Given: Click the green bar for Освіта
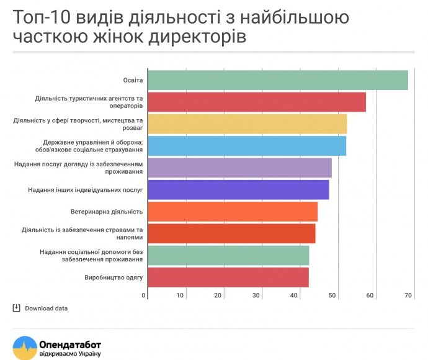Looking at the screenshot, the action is point(278,80).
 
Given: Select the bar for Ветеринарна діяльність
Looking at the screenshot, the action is point(233,212).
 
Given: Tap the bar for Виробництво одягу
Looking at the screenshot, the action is point(228,277).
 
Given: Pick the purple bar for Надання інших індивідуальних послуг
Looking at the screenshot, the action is point(238,190).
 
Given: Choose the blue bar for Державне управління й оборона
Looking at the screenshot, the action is point(247,146).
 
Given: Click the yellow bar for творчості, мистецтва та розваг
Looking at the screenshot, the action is point(247,124).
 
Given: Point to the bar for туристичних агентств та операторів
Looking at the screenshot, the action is point(257,102).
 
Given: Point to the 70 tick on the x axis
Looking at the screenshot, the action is point(408,295).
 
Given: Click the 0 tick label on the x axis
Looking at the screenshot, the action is point(143,295).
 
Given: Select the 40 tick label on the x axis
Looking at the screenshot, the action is point(293,295).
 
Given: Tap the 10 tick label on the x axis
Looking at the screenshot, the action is point(180,295).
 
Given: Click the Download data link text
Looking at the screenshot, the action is point(46,308).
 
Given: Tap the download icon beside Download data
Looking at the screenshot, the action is point(16,308).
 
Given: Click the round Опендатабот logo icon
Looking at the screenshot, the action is point(25,348).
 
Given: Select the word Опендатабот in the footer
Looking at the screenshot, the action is point(70,344).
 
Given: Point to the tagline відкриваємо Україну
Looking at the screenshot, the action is point(70,354).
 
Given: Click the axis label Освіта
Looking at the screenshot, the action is point(133,80).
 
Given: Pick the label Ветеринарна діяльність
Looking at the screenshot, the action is point(107,212).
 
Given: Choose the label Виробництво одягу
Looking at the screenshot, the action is point(114,277).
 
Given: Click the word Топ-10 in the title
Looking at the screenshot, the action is point(42,17).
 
